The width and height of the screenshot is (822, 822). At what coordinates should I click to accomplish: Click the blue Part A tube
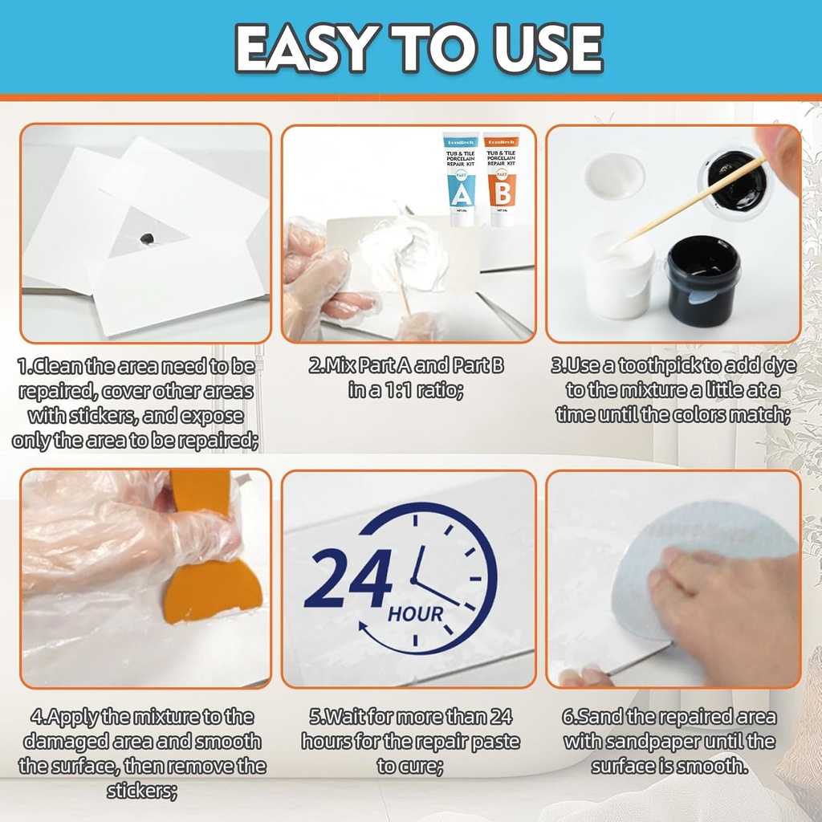460,179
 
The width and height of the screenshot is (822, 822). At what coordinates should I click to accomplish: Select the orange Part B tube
502,179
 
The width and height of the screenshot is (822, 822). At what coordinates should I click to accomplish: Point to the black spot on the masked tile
147,238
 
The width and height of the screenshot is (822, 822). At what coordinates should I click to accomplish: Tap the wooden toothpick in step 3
690,201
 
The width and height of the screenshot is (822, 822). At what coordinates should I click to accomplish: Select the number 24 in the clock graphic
348,580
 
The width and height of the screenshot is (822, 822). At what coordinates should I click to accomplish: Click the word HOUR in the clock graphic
415,615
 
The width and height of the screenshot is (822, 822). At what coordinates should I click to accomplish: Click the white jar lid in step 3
614,176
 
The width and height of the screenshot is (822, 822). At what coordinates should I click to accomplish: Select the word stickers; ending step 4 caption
142,791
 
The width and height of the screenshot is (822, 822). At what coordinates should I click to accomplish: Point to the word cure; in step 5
422,766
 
